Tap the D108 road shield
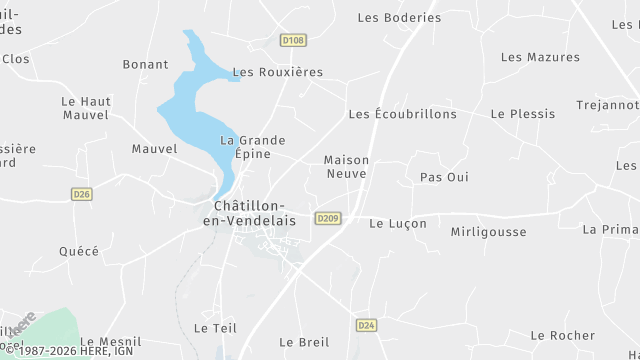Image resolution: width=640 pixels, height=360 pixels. pos(293,41)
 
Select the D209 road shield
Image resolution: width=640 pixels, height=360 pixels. pos(327,218)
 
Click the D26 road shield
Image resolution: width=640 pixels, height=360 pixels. pos(82,194)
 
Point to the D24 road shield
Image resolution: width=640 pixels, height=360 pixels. pos(367,325)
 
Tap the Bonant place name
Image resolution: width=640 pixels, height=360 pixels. pos(145,65)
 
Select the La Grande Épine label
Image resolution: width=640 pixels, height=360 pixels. pos(253,147)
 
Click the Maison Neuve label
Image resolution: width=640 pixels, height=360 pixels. pos(346,166)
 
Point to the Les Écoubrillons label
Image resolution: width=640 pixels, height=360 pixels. pos(402,114)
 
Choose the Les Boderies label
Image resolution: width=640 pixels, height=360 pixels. pos(399,18)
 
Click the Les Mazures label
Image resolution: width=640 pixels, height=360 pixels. pos(540,57)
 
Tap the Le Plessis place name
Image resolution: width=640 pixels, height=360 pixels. pos(522,114)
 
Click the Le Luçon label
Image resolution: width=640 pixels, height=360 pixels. pos(398,224)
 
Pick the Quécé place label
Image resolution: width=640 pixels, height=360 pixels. pos(79,252)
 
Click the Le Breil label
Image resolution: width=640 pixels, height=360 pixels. pos(304,342)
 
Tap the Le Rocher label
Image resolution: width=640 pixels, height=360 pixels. pos(564,335)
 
